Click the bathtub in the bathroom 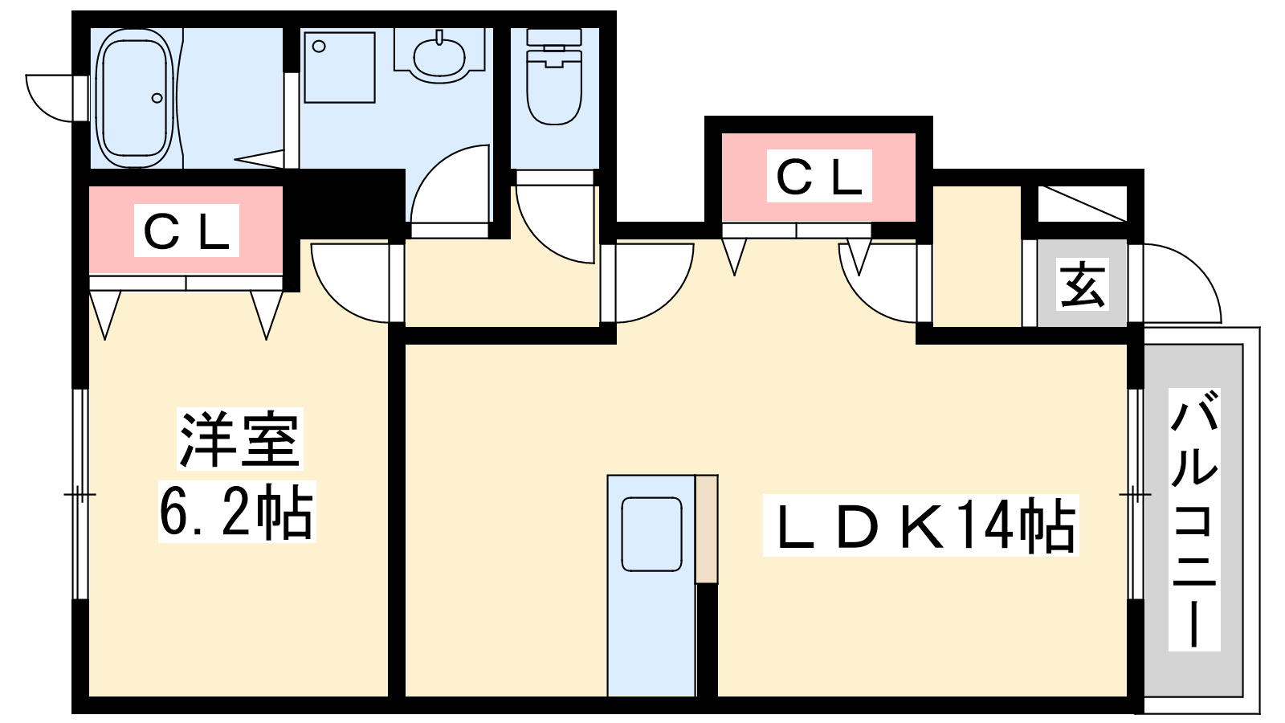pos(134,98)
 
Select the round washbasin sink pos(439,55)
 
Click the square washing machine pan pos(340,67)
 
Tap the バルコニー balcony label pos(1193,518)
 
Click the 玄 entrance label pos(1083,284)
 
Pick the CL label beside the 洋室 pos(186,231)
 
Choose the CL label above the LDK pos(819,176)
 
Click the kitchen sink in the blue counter pos(651,534)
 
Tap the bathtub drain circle pos(157,99)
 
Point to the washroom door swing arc pos(450,185)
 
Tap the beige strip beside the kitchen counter pos(707,528)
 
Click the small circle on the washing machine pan pos(320,47)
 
